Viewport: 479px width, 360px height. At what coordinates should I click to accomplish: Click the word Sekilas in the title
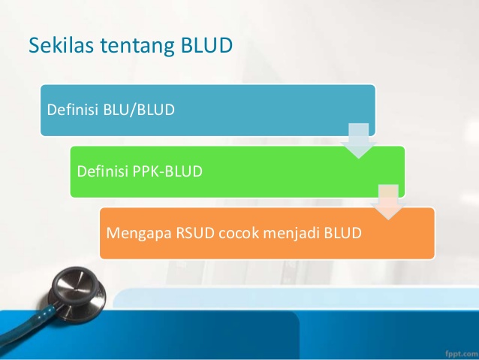click(x=61, y=45)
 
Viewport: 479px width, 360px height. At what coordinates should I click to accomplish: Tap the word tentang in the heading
click(x=137, y=46)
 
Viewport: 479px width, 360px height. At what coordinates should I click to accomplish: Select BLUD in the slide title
click(x=206, y=45)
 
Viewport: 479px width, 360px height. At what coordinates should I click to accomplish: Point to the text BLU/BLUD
click(x=139, y=110)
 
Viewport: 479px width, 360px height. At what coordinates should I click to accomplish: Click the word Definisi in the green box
click(x=102, y=171)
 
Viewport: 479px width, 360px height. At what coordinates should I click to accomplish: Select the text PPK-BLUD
click(x=167, y=171)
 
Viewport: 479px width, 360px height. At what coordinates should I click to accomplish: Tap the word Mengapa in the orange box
click(x=139, y=234)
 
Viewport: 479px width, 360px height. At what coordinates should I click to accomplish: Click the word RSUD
click(x=195, y=233)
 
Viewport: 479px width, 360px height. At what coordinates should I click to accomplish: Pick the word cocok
click(x=239, y=233)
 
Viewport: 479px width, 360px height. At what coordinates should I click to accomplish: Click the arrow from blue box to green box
click(x=359, y=141)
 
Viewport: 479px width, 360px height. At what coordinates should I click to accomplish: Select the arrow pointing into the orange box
click(x=388, y=202)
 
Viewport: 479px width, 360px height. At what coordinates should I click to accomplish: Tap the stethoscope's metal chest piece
click(x=77, y=292)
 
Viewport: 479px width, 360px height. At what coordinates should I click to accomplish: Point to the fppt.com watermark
click(x=461, y=353)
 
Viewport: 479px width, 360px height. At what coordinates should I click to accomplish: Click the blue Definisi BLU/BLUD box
click(x=208, y=110)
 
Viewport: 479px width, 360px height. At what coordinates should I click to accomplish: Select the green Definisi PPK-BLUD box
click(x=237, y=171)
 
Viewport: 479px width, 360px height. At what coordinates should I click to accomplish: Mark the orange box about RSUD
click(x=267, y=234)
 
